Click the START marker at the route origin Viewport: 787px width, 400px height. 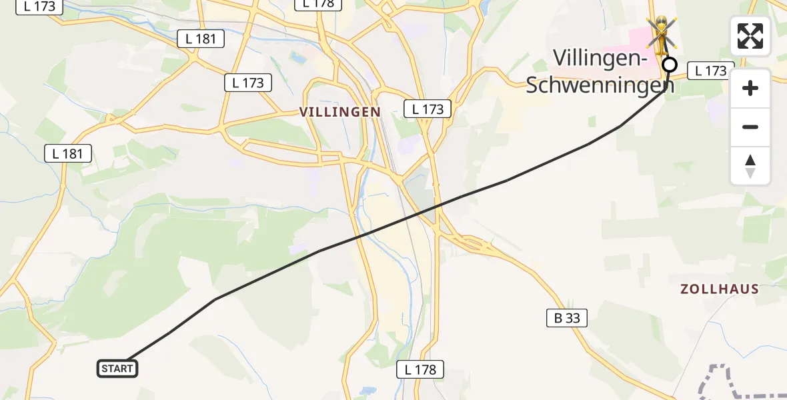[x=118, y=368]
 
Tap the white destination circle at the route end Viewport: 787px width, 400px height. [x=670, y=65]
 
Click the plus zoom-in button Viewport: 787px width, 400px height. [x=750, y=88]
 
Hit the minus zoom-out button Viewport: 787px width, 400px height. [x=750, y=127]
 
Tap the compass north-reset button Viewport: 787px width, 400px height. [x=750, y=166]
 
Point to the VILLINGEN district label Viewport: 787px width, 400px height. [x=340, y=112]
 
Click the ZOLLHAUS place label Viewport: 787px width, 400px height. [x=720, y=289]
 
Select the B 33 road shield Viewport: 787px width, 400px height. [x=567, y=319]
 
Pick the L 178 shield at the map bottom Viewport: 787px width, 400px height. [x=420, y=369]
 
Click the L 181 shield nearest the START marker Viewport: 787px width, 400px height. [x=68, y=153]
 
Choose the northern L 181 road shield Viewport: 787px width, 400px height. [x=201, y=39]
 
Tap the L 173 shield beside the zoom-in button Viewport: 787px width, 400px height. [x=710, y=70]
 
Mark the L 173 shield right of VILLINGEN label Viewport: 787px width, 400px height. [x=428, y=109]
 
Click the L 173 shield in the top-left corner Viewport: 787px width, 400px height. [x=39, y=7]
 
